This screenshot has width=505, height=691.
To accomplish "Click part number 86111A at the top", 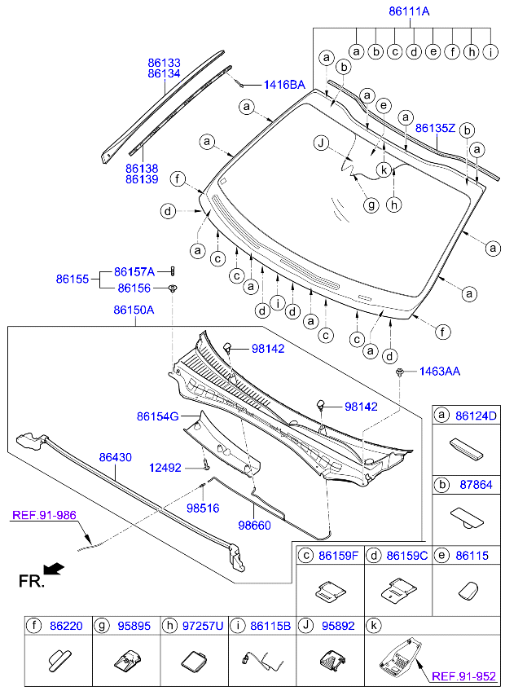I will (x=408, y=11).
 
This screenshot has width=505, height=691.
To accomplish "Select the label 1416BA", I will (x=283, y=85).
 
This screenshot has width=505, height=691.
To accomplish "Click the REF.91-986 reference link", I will (x=43, y=514).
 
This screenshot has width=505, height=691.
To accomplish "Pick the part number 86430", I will (x=115, y=458).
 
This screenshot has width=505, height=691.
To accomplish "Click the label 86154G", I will (x=157, y=416).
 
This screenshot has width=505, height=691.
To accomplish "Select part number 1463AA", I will (x=440, y=372).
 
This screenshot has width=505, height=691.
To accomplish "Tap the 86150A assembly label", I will (x=134, y=310).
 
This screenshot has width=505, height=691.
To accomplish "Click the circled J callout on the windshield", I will (x=323, y=143).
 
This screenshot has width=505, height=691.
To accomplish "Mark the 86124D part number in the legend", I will (x=476, y=416).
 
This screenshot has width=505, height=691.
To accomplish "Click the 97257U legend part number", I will (x=204, y=626).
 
